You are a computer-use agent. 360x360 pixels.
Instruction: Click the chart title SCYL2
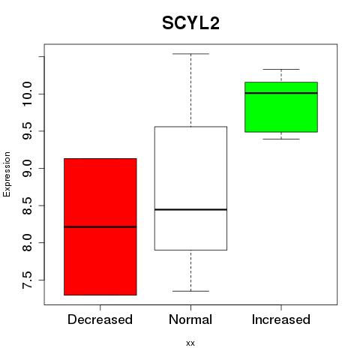[190, 23]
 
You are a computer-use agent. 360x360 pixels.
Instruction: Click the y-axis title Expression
[7, 174]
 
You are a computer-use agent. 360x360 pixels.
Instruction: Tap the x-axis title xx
[190, 343]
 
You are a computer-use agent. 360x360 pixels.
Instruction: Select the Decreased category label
[100, 319]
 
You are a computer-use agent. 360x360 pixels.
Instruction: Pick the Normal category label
[190, 319]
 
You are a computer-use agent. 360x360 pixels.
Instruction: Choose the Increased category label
[281, 319]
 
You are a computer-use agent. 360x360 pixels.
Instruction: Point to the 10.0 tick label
[27, 94]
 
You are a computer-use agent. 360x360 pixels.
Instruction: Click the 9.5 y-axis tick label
[27, 131]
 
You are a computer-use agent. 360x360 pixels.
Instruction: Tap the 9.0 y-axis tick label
[27, 168]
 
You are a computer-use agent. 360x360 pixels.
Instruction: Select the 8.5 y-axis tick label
[27, 205]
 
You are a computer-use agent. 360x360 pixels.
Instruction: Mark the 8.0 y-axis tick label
[27, 242]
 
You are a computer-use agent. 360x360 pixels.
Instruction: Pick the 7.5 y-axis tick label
[27, 280]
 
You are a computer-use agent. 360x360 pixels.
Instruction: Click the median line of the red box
[100, 227]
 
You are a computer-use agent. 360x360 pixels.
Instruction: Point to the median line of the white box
[190, 209]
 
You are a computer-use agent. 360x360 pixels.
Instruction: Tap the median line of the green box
[281, 93]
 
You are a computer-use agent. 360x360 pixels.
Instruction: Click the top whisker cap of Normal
[190, 54]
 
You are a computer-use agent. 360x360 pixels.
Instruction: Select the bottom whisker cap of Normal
[190, 291]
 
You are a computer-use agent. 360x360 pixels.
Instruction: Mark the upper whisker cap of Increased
[281, 69]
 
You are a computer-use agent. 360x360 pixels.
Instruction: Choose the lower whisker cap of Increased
[281, 139]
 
